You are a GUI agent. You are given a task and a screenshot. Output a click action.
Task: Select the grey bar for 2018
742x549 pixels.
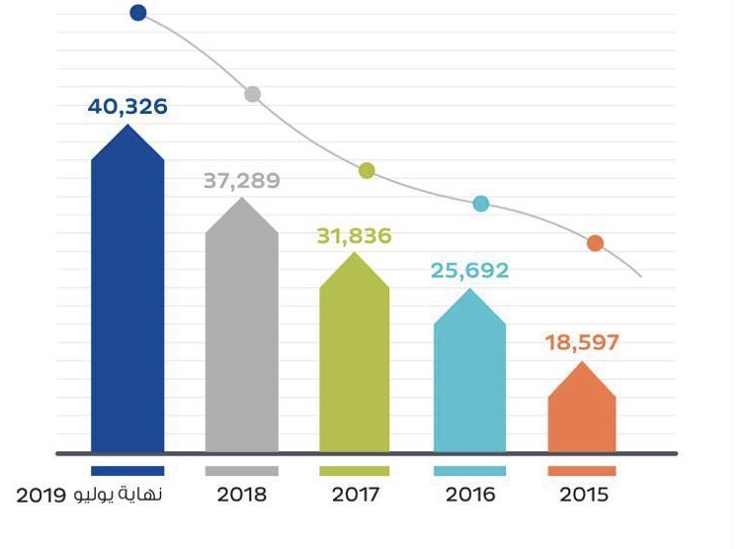(x=241, y=336)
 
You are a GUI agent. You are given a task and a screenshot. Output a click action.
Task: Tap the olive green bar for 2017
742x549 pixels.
(x=355, y=361)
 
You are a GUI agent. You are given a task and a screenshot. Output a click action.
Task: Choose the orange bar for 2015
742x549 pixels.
(x=582, y=415)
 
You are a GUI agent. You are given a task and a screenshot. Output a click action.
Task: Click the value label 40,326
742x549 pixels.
(x=127, y=106)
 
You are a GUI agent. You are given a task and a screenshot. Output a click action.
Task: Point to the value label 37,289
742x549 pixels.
(x=242, y=181)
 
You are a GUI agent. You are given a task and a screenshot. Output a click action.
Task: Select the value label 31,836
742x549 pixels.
(x=355, y=236)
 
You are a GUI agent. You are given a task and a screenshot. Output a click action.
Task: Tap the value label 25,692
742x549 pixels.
(x=469, y=269)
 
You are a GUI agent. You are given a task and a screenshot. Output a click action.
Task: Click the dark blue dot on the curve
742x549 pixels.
(x=138, y=13)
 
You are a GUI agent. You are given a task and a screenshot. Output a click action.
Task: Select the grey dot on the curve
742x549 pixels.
(x=253, y=94)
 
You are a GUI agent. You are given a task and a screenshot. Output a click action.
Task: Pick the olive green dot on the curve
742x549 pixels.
(x=367, y=170)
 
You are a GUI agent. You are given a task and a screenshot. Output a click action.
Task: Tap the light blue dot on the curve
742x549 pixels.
(x=481, y=204)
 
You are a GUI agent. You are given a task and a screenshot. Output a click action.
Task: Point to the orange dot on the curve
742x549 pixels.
(x=595, y=243)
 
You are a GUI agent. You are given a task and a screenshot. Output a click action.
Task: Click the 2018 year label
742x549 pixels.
(x=242, y=495)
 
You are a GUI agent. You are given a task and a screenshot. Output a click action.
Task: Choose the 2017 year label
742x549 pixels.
(x=355, y=495)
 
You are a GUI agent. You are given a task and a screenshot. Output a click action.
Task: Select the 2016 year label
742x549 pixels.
(x=469, y=495)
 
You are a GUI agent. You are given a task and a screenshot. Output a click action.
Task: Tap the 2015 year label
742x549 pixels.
(x=582, y=495)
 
